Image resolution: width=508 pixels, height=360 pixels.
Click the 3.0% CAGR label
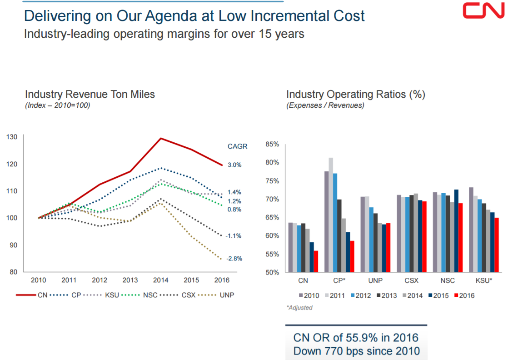[x=234, y=165]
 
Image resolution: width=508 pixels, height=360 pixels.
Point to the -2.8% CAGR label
[x=234, y=259]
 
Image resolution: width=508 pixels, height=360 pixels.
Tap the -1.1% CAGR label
[x=234, y=236]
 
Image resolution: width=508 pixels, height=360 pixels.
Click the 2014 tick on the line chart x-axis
[x=161, y=280]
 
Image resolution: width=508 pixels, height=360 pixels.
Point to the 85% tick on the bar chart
[x=272, y=145]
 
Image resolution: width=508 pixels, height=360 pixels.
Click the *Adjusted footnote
[x=299, y=308]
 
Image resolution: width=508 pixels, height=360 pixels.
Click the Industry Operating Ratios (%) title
[x=355, y=95]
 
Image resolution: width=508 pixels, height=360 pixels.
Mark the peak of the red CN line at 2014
[x=161, y=138]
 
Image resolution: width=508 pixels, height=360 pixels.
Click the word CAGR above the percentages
[x=237, y=146]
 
